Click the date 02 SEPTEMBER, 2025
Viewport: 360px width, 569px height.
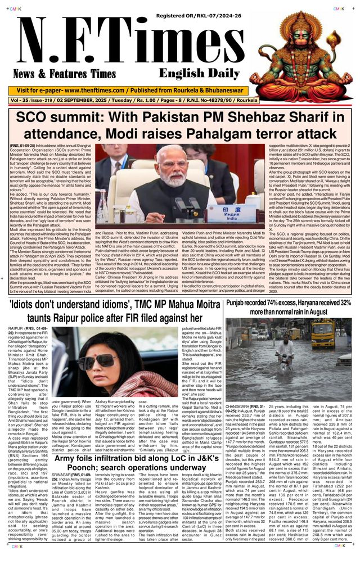pyautogui.click(x=103, y=100)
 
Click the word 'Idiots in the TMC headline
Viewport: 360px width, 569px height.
pyautogui.click(x=26, y=306)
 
